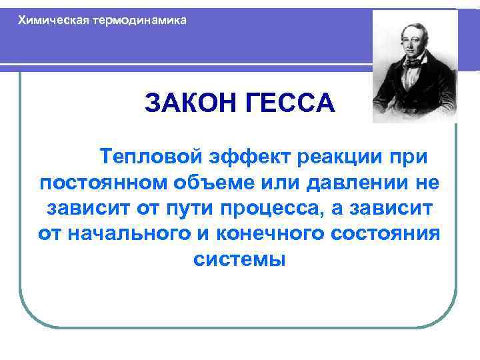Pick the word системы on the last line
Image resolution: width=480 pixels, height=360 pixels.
tap(239, 259)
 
